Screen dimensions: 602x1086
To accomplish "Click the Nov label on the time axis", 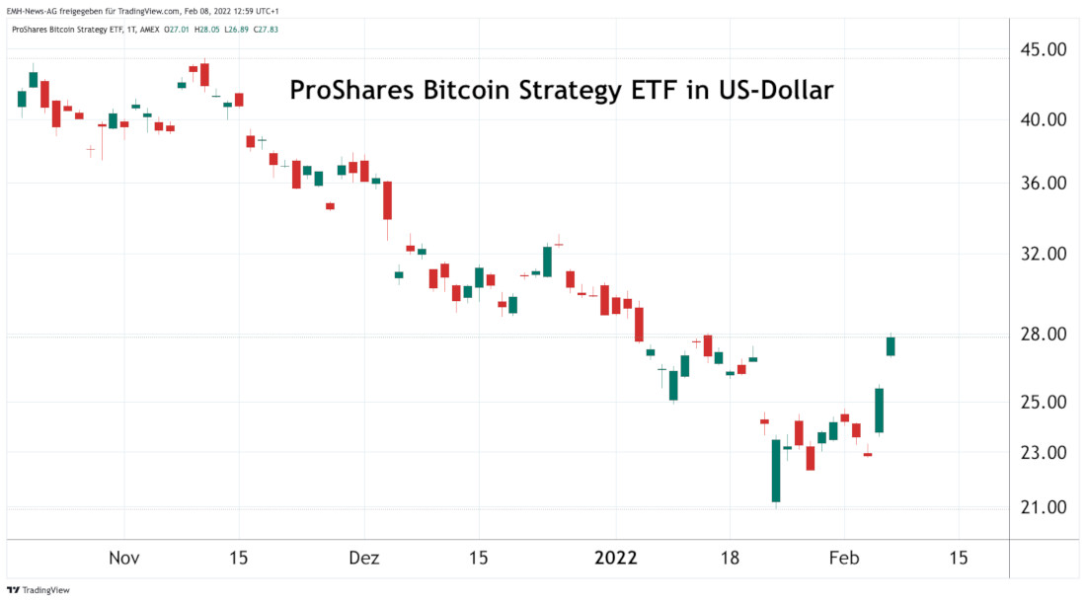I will [124, 558].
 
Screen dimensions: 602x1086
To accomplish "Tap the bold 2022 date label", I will [615, 558].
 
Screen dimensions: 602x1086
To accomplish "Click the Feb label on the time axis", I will [844, 558].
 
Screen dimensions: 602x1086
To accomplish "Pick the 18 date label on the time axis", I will [730, 558].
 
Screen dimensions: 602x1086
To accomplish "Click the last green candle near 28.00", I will [891, 345].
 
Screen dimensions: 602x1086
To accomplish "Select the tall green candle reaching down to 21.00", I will [776, 471].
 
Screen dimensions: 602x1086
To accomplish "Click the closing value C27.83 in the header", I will [266, 30].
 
